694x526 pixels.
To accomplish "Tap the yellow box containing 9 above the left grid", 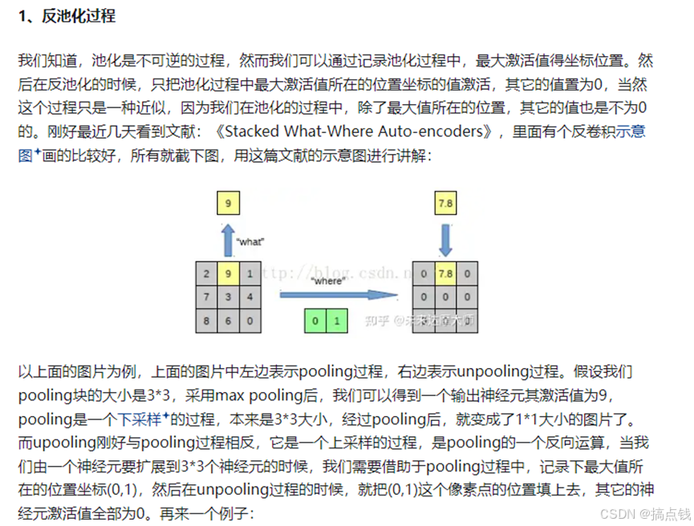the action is click(229, 204).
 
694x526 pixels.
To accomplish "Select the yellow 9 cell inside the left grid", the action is click(229, 274).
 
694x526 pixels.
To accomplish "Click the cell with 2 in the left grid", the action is click(208, 274).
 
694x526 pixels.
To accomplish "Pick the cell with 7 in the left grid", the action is click(208, 297).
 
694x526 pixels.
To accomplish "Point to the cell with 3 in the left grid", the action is click(229, 297).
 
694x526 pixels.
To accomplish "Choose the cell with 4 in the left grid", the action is click(250, 297).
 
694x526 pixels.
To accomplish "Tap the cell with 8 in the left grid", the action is click(208, 320).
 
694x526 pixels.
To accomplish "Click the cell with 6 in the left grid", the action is click(229, 320).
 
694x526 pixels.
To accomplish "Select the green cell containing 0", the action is click(315, 322).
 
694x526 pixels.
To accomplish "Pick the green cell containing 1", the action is click(337, 322).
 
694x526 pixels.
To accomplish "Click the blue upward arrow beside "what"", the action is click(229, 240).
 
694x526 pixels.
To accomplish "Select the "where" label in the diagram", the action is click(329, 281).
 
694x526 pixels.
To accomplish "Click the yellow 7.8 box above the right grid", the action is click(445, 204).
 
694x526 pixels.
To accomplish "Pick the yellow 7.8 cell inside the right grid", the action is click(445, 274).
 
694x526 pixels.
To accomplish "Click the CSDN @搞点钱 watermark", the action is click(639, 513).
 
